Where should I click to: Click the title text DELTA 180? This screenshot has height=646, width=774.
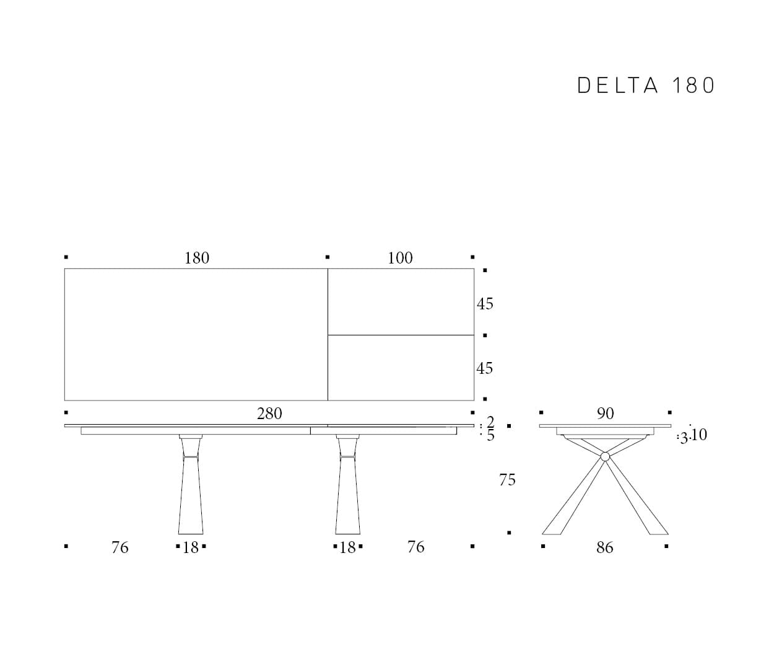646,86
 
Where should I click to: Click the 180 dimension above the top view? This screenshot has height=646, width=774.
197,258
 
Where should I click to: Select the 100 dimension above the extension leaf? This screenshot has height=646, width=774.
400,258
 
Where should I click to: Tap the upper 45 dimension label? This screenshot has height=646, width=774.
485,304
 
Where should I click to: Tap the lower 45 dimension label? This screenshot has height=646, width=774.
485,368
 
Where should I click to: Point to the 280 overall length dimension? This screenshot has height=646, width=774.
269,414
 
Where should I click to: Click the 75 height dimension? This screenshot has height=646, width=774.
507,480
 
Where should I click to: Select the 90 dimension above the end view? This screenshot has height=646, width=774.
605,414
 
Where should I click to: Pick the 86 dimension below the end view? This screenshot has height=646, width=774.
605,547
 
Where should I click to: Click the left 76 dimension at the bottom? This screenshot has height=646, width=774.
120,547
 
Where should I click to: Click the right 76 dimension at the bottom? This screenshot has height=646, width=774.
416,547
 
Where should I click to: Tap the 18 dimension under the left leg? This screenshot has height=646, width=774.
191,547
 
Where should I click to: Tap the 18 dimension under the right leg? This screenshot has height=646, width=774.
348,547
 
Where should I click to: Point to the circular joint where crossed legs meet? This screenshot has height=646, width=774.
605,457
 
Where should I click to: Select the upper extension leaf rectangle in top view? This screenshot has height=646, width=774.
401,302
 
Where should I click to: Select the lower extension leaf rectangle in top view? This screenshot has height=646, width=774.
401,368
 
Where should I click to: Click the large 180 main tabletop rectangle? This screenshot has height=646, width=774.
196,334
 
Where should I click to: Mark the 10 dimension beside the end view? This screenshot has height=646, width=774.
698,435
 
